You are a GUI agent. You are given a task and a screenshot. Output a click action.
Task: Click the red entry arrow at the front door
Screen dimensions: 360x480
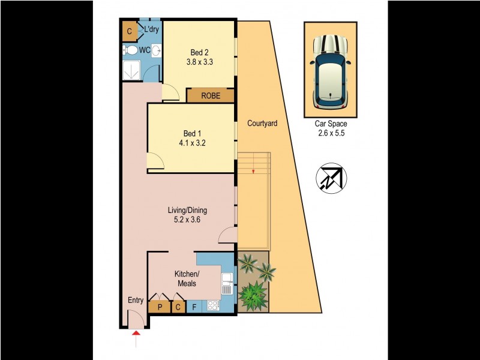(136, 334)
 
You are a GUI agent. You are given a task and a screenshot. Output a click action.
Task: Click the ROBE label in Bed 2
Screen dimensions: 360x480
(210, 95)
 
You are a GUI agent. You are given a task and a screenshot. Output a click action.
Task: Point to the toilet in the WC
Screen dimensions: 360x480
(130, 50)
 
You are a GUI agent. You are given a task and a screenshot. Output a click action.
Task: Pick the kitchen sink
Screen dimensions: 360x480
(227, 283)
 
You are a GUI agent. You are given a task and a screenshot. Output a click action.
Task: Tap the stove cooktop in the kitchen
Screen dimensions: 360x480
(213, 305)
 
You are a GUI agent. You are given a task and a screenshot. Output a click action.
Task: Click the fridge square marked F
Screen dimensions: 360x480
(194, 307)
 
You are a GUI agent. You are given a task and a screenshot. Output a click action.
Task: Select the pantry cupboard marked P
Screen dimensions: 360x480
(160, 307)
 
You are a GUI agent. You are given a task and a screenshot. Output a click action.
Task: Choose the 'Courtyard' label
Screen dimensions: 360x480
(262, 124)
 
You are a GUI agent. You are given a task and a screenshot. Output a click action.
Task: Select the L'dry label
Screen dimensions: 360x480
(151, 29)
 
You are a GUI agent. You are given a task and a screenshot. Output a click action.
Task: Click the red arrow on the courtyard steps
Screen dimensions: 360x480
(254, 172)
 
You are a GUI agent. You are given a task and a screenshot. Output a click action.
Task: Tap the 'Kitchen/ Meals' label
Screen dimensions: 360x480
(187, 278)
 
